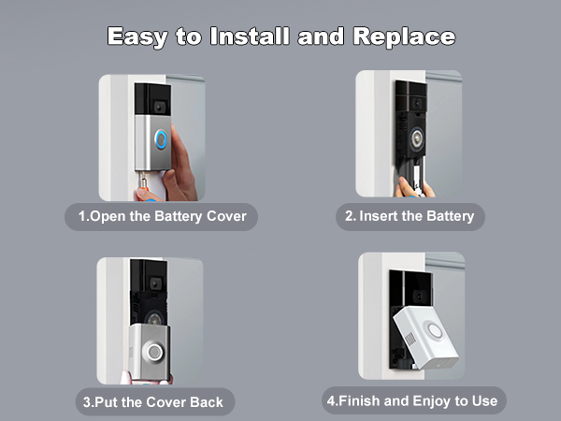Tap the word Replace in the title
(x=403, y=36)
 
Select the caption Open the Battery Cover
(x=162, y=217)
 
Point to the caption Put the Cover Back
(x=150, y=401)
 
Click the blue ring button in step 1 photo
(x=160, y=139)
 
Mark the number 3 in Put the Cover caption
(x=85, y=401)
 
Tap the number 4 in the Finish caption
(x=330, y=401)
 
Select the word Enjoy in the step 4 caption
(x=438, y=401)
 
